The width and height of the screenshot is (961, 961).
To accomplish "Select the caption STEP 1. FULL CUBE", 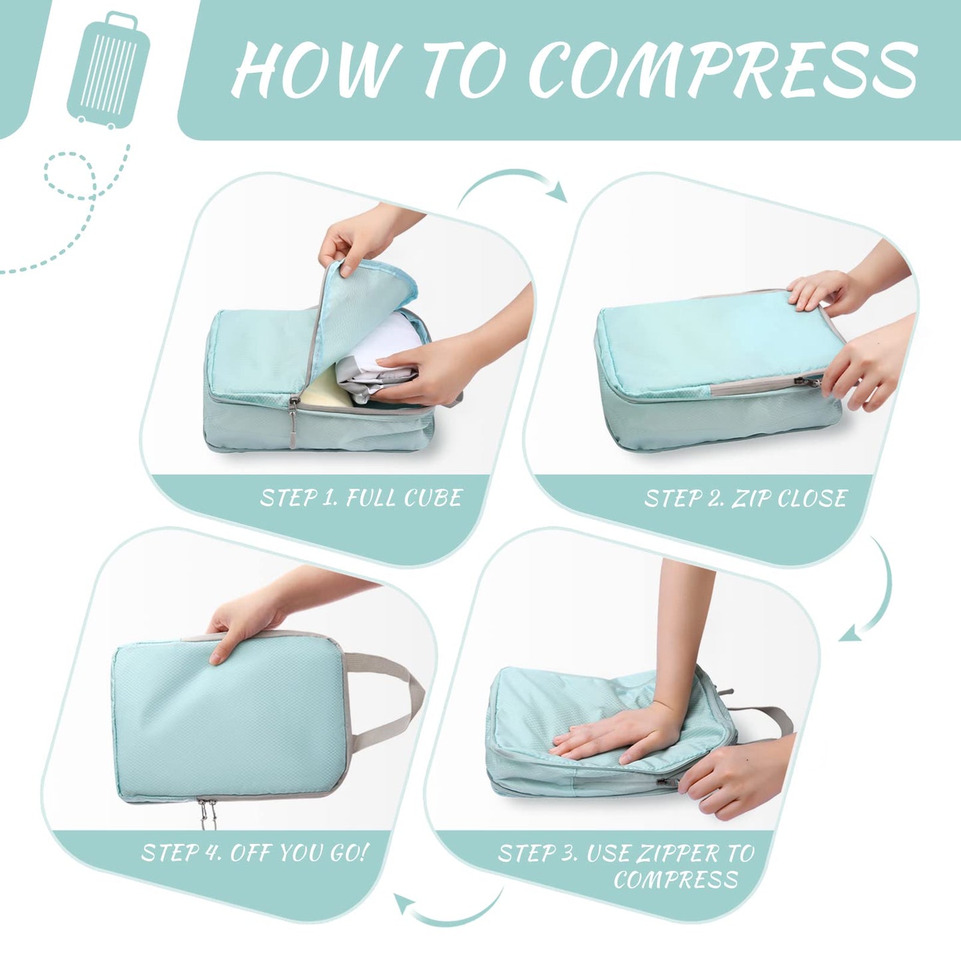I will (360, 498).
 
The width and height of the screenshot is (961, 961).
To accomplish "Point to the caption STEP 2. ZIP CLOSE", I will (745, 499).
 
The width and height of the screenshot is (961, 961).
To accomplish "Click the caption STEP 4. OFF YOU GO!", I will (254, 853).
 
